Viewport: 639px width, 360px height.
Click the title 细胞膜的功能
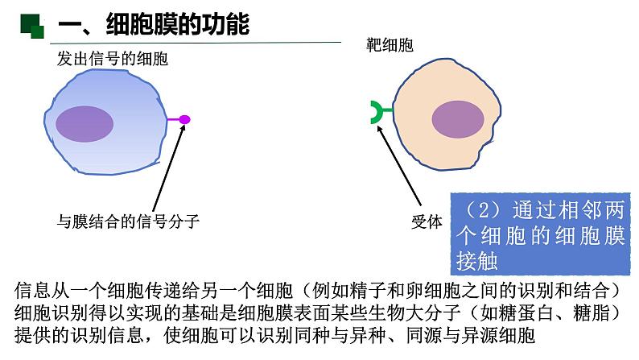tap(177, 26)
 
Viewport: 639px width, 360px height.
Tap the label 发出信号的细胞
tap(112, 59)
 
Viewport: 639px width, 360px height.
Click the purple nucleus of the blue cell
tap(84, 122)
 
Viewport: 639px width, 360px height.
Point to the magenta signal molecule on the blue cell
tap(184, 120)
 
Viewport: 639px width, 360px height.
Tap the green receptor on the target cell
tap(377, 113)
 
